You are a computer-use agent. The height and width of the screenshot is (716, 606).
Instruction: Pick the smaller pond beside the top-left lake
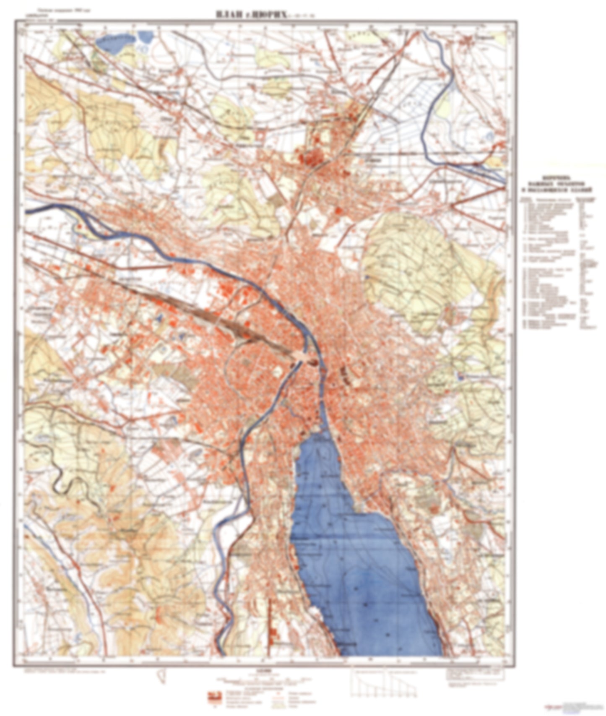point(145,36)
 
